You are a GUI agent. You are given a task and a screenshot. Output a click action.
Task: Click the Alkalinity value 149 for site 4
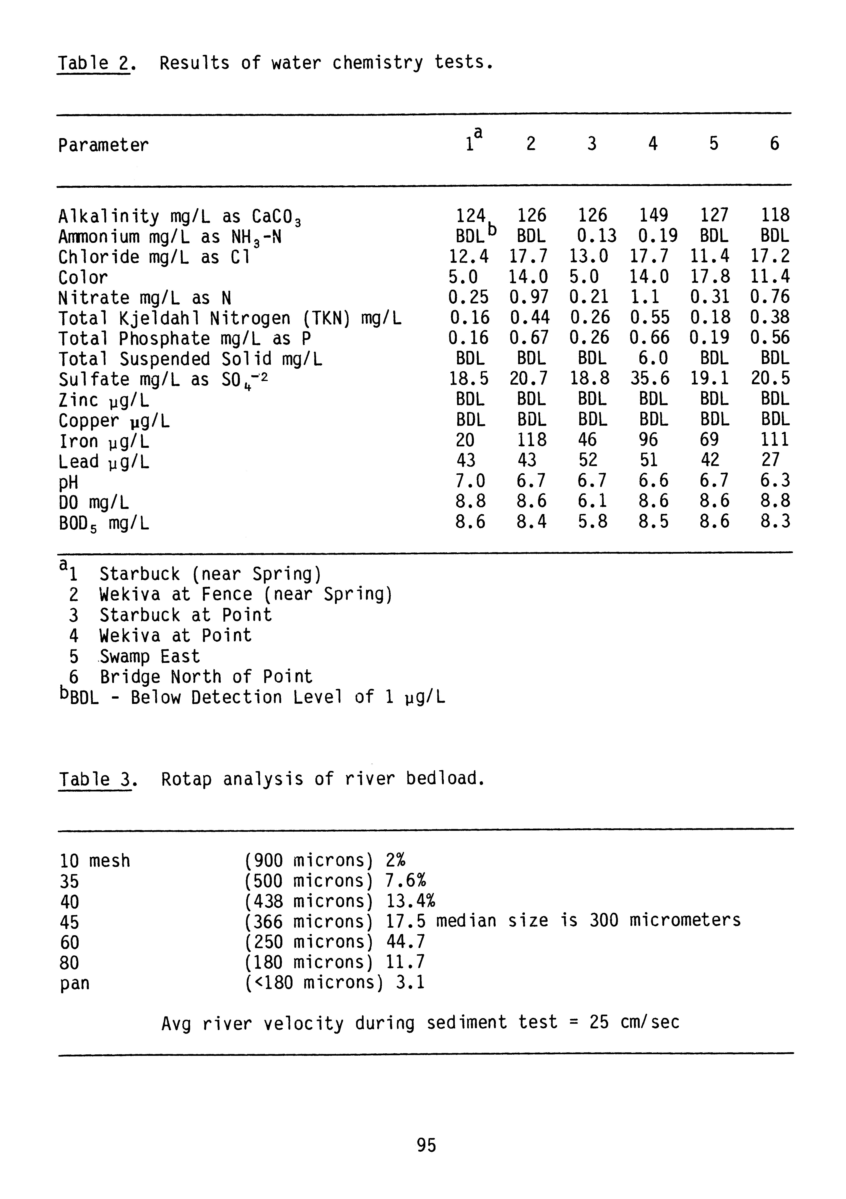click(x=653, y=215)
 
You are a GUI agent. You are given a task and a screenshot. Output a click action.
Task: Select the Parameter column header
click(x=103, y=145)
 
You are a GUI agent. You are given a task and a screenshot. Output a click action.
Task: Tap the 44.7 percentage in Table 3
click(x=405, y=942)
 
